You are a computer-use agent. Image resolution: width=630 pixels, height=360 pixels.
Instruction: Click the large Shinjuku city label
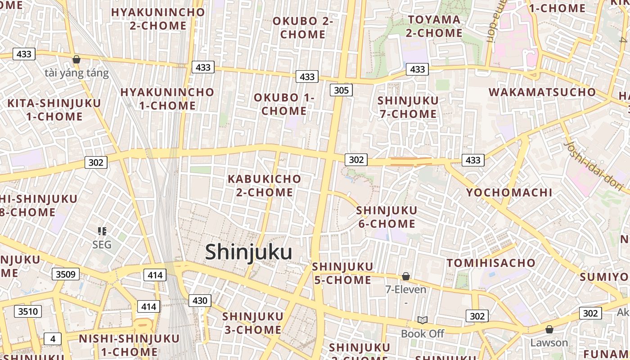coord(248,252)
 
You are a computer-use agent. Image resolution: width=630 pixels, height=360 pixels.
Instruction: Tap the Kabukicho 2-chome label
coord(265,185)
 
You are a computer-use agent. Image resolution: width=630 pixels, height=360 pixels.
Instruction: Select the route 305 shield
coord(341,90)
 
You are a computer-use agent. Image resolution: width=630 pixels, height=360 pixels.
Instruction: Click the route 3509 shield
coord(66,274)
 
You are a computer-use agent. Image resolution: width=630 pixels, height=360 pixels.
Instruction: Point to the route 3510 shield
coord(28,311)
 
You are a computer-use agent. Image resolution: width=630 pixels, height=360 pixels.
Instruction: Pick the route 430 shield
coord(200,301)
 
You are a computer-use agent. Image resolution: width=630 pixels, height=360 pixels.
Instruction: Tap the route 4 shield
coord(53,339)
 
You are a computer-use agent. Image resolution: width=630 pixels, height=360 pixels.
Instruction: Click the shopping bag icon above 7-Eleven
coord(406,276)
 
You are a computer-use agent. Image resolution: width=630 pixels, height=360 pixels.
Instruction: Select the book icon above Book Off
coord(422,320)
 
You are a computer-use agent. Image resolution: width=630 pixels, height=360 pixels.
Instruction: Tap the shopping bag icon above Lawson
coord(549,329)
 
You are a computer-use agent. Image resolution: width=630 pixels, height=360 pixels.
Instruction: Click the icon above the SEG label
coord(102,231)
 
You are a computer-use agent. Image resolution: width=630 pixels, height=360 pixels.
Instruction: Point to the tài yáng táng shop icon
coord(76,59)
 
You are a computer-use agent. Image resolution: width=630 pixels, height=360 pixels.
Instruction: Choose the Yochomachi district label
coord(509,193)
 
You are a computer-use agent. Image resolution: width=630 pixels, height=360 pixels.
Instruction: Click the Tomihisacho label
coord(491,263)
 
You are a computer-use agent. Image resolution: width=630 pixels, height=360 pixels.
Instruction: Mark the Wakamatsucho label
coord(542,92)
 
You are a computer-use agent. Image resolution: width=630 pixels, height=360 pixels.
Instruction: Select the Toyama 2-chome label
coord(434,26)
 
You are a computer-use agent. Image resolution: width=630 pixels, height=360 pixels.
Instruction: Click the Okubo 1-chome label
coord(284,104)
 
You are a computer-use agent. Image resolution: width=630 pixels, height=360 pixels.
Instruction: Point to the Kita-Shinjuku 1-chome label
coord(54,110)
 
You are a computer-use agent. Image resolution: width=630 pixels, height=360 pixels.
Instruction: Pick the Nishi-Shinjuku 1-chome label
coord(129,345)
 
